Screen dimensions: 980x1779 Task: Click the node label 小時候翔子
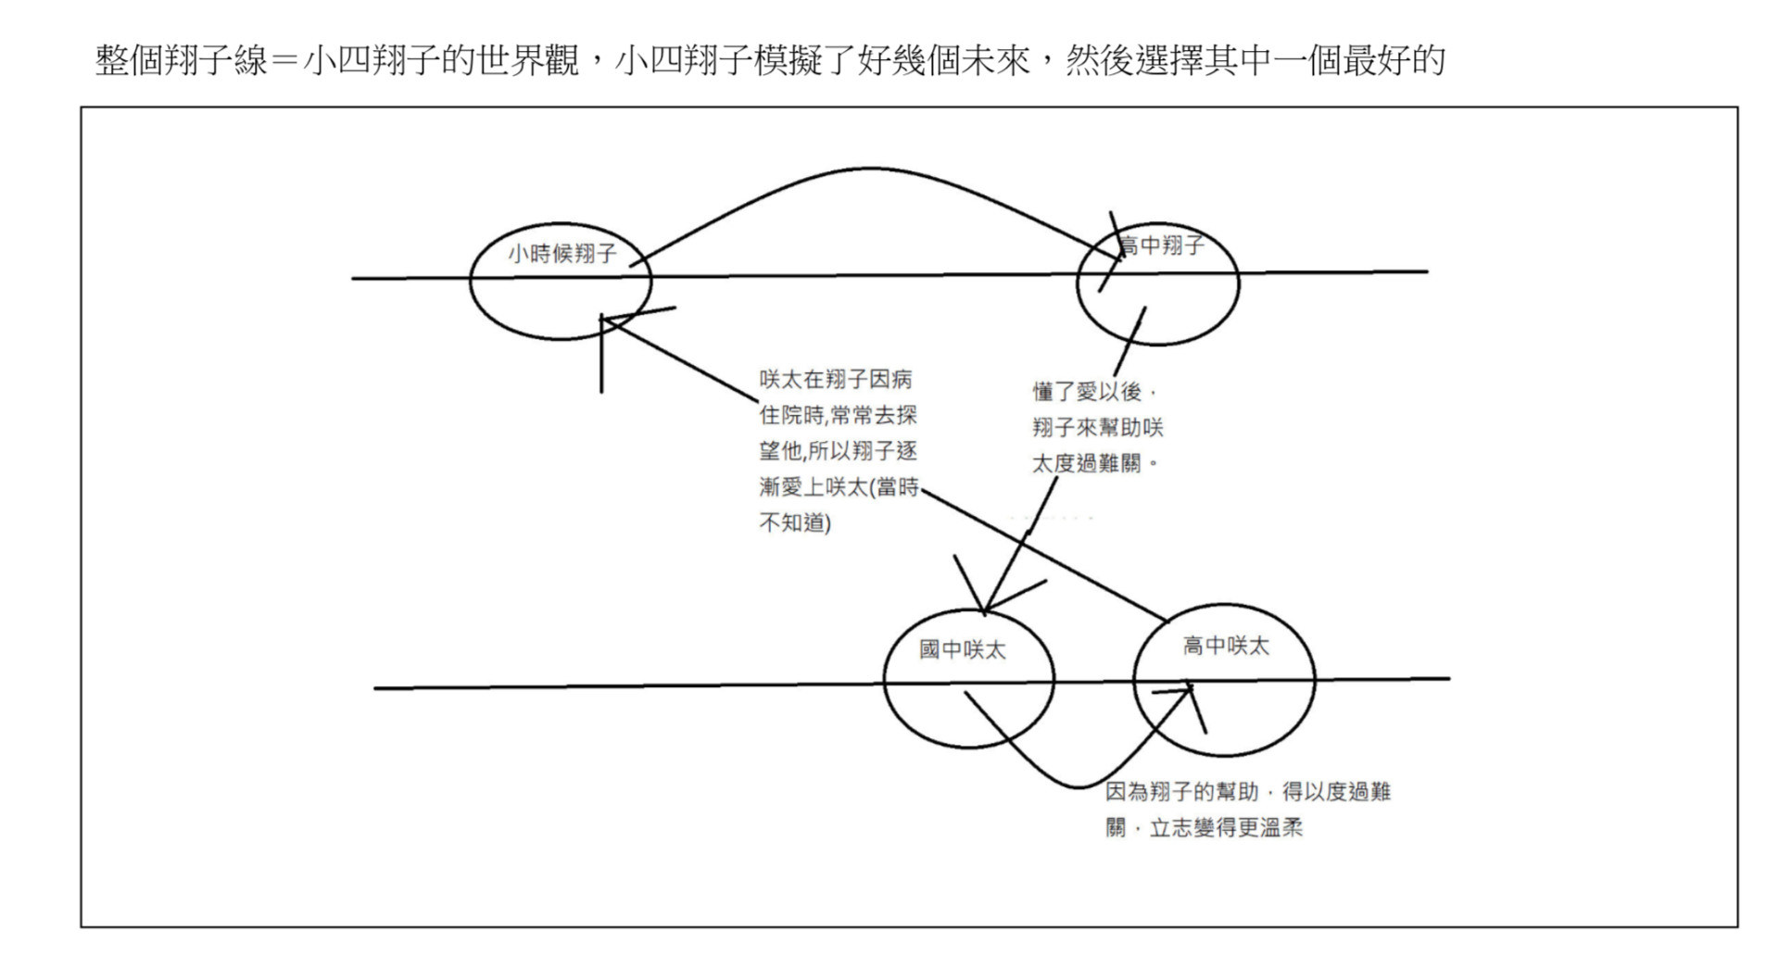tap(561, 253)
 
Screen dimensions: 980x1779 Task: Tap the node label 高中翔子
tap(1162, 245)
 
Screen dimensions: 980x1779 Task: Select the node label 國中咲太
tap(962, 649)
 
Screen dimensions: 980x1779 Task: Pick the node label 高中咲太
tap(1225, 646)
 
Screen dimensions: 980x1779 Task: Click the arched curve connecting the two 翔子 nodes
tap(871, 170)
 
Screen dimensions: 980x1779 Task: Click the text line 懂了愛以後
tap(1086, 391)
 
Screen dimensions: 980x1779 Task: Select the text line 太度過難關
tap(1086, 463)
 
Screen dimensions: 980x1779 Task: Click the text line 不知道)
tap(794, 522)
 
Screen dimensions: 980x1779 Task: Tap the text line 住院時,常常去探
tap(838, 414)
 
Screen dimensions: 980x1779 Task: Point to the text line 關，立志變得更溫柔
tap(1204, 827)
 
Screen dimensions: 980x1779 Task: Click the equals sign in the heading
tap(286, 61)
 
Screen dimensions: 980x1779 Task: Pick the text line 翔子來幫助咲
tap(1097, 427)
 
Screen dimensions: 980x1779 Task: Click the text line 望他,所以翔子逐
tap(838, 450)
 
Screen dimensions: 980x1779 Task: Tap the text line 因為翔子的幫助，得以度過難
tap(1247, 791)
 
